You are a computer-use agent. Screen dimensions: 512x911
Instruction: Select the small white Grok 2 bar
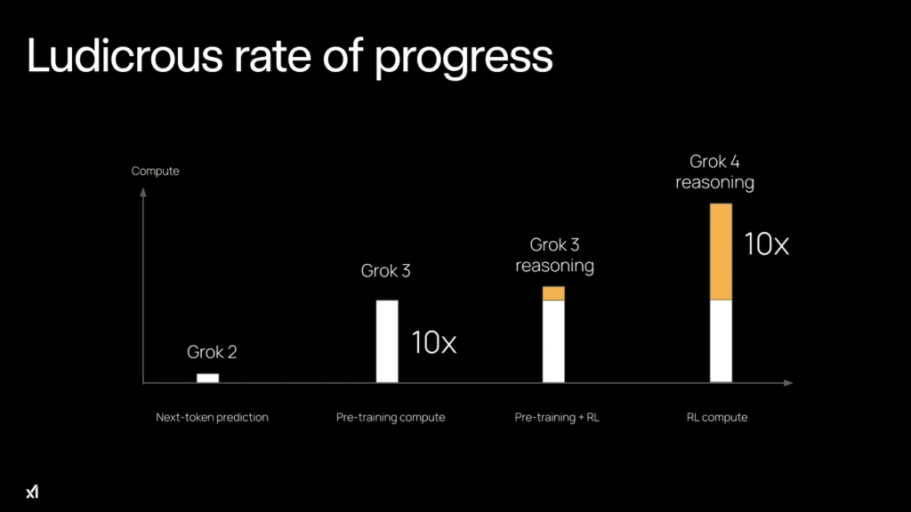coord(207,378)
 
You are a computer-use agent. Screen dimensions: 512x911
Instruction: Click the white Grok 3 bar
coord(387,341)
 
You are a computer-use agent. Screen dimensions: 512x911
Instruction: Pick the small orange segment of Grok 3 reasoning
coord(553,293)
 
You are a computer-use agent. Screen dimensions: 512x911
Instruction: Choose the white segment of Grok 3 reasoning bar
coord(553,341)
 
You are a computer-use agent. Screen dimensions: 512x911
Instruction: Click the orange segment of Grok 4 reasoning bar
coord(721,252)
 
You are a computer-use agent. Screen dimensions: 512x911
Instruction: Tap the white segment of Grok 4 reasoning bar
coord(721,341)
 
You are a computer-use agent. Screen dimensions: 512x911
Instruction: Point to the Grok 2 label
coord(212,352)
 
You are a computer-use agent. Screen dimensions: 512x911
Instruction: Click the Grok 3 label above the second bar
coord(385,270)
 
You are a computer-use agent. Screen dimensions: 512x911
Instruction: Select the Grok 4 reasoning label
coord(714,172)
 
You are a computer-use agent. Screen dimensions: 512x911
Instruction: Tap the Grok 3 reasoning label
coord(554,255)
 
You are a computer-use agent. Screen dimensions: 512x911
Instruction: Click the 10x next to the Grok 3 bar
coord(433,342)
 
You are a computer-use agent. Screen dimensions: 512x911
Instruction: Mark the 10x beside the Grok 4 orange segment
coord(766,244)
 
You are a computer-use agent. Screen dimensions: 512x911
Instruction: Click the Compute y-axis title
coord(155,171)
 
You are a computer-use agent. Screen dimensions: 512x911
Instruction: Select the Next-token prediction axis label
coord(212,417)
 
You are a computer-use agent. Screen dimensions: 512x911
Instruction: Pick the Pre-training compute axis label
coord(391,417)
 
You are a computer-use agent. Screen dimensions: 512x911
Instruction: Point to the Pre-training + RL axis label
coord(557,417)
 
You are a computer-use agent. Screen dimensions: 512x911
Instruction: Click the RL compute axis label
coord(716,417)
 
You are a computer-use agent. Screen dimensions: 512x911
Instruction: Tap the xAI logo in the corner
coord(33,492)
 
